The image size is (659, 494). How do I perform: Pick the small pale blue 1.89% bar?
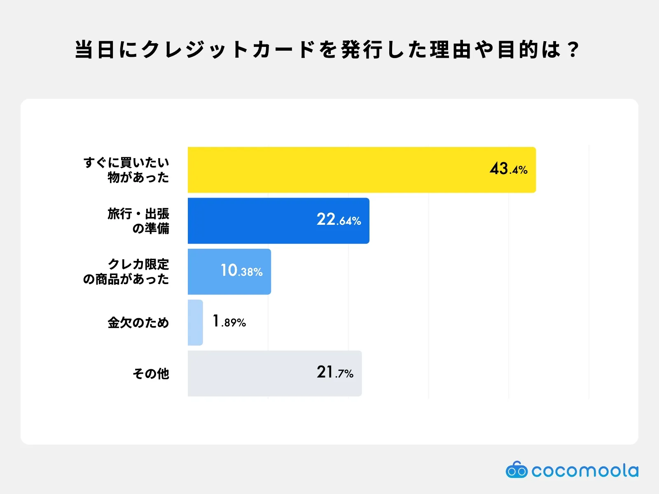coord(195,322)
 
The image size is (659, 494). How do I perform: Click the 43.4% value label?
coord(508,169)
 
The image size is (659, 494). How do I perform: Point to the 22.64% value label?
coord(339,220)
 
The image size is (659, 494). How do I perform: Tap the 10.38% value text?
coord(241,271)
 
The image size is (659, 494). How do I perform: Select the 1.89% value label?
coord(229,322)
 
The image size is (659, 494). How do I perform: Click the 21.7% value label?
coord(335,373)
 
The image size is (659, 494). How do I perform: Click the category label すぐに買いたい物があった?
coord(126,170)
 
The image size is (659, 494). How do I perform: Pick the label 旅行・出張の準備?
coord(138,221)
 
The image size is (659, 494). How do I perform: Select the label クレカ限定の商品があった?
coord(126,272)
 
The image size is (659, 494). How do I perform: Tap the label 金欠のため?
coord(138,322)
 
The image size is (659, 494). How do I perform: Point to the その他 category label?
coord(151,373)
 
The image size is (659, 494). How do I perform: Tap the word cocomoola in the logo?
coord(585,471)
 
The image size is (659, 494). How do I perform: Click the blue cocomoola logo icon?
coord(516,470)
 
